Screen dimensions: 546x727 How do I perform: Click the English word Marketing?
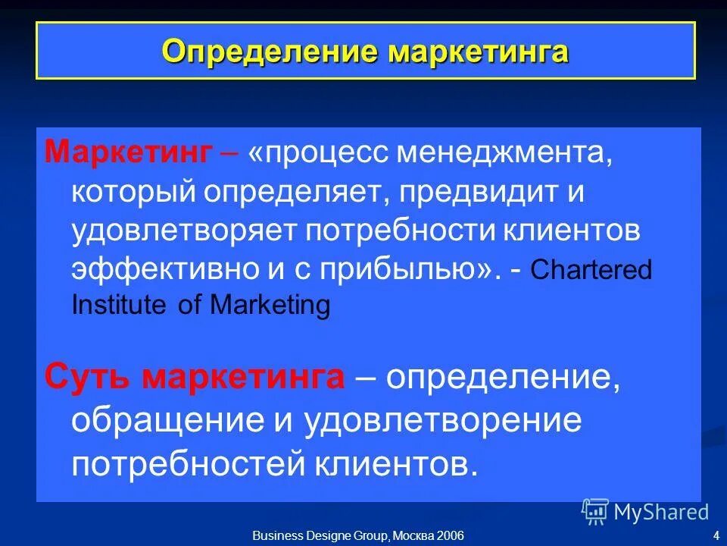[270, 306]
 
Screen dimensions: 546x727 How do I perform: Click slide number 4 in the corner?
[716, 536]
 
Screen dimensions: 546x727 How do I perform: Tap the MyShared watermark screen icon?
[595, 512]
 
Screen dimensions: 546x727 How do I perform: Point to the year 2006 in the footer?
[448, 536]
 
